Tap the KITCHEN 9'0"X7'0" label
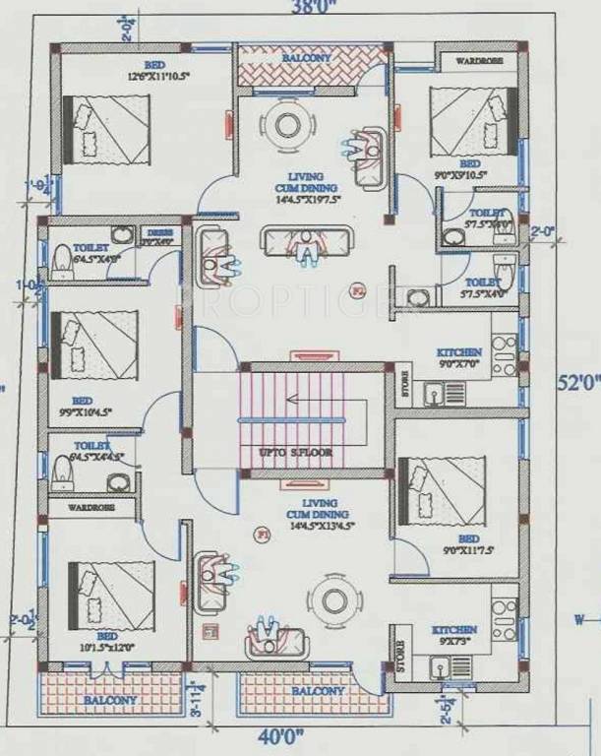coord(459,357)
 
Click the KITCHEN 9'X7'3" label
coord(453,635)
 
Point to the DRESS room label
coord(161,236)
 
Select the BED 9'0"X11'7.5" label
coord(468,545)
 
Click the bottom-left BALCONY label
coord(109,700)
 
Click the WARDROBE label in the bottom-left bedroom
coord(90,508)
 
